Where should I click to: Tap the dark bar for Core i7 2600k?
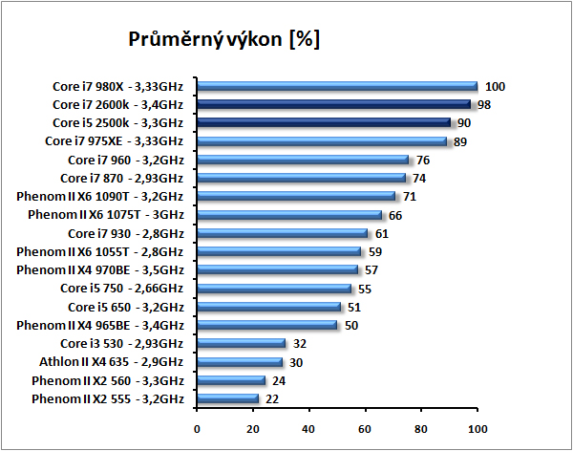pyautogui.click(x=333, y=104)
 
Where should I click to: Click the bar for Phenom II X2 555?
pyautogui.click(x=227, y=398)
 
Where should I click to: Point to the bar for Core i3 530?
pyautogui.click(x=241, y=343)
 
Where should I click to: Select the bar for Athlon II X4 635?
pyautogui.click(x=239, y=362)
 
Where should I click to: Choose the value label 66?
pyautogui.click(x=395, y=215)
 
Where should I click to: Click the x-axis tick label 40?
pyautogui.click(x=308, y=428)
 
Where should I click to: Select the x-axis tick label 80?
pyautogui.click(x=421, y=428)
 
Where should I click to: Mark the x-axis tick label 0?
pyautogui.click(x=197, y=428)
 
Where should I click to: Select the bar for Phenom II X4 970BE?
pyautogui.click(x=276, y=269)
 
